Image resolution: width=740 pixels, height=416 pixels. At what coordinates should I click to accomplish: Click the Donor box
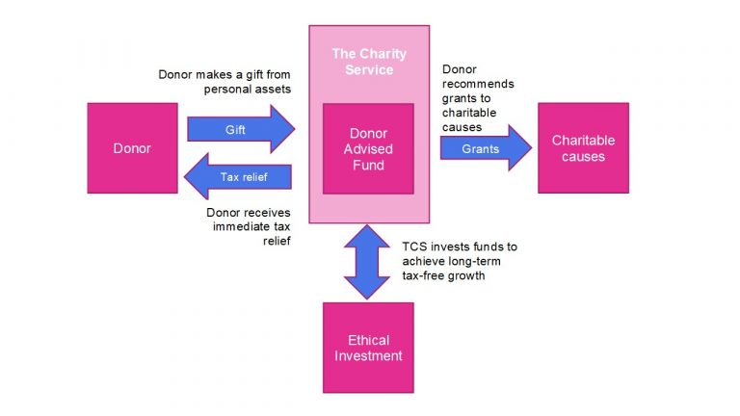[132, 148]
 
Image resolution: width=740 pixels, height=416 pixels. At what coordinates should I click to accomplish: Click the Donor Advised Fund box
[368, 150]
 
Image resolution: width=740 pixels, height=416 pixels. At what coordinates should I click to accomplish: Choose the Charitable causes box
[583, 148]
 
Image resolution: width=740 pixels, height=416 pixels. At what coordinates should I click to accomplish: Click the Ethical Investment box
[368, 348]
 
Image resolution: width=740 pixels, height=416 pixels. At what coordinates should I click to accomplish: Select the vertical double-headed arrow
[367, 261]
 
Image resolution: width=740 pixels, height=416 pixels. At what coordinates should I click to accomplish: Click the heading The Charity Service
[368, 62]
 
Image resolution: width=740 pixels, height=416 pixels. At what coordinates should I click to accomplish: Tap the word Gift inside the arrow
[235, 129]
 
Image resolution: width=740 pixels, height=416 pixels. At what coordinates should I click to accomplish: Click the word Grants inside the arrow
[479, 149]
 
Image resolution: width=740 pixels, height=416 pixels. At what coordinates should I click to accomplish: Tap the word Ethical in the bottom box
[368, 340]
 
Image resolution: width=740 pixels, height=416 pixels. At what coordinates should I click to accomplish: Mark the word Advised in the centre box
[368, 150]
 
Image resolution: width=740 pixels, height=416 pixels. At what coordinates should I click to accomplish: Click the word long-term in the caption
[490, 261]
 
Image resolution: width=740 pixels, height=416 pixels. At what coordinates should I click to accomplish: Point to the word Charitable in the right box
[583, 141]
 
